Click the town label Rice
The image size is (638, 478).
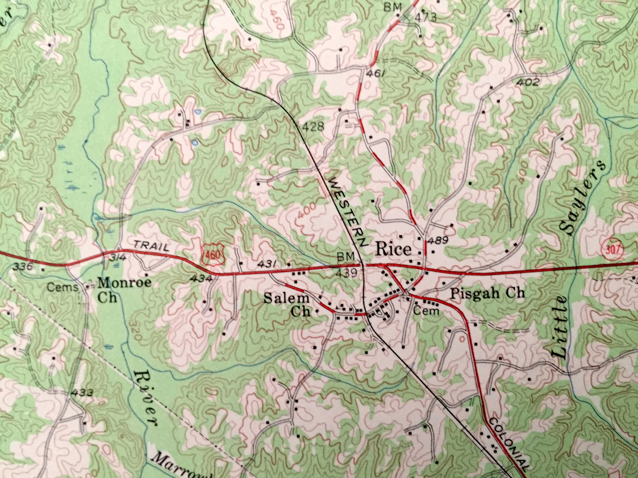pyautogui.click(x=393, y=250)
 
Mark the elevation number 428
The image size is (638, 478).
pyautogui.click(x=314, y=126)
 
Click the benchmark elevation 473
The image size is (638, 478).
pyautogui.click(x=425, y=18)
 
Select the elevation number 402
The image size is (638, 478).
pyautogui.click(x=527, y=83)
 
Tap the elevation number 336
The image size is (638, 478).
pyautogui.click(x=22, y=267)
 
